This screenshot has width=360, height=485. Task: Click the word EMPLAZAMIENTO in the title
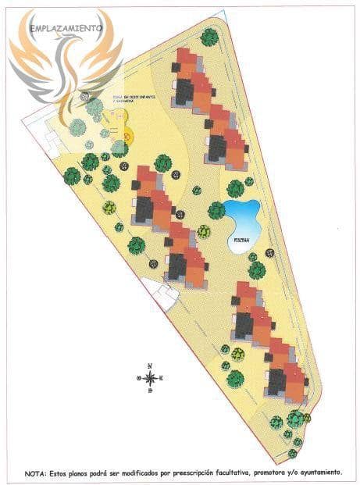tap(66, 28)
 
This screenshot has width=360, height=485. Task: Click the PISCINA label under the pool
tap(241, 241)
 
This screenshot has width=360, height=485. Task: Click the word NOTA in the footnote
tap(36, 473)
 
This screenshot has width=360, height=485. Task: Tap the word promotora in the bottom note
tap(249, 473)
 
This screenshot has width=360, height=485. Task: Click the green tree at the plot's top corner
tap(209, 37)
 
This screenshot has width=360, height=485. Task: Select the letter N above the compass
tap(149, 366)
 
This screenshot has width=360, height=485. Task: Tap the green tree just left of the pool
tap(216, 210)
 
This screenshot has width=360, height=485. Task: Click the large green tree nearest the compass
tap(235, 379)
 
